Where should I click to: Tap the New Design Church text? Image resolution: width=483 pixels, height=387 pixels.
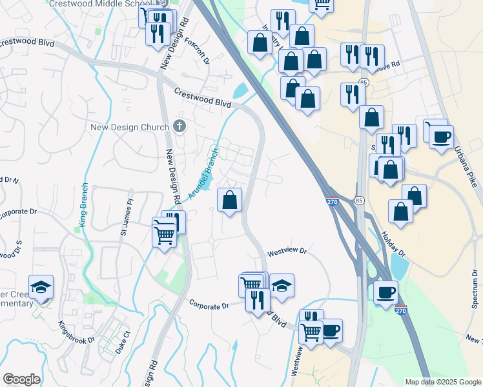129,127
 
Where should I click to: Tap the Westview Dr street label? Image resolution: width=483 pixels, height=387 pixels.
285,250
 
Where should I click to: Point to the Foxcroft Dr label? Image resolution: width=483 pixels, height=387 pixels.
197,51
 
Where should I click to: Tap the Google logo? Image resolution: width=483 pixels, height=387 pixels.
21,379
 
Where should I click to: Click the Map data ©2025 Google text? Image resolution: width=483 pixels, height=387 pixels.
443,382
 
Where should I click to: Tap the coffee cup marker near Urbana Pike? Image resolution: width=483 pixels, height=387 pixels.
441,137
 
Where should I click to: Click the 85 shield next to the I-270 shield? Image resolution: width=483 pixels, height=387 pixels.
359,201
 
